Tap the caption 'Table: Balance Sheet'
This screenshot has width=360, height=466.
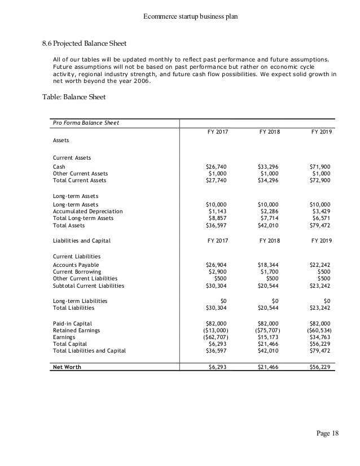[74, 96]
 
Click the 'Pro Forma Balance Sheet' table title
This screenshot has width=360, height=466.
[86, 122]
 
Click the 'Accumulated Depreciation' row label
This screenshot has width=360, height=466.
[87, 211]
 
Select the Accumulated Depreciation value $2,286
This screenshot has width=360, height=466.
[267, 211]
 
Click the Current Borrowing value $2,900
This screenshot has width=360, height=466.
[217, 271]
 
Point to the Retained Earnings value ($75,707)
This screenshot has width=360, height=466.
[265, 330]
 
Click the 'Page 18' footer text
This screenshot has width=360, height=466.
[326, 433]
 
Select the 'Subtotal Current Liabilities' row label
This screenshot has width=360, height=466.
[88, 285]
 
